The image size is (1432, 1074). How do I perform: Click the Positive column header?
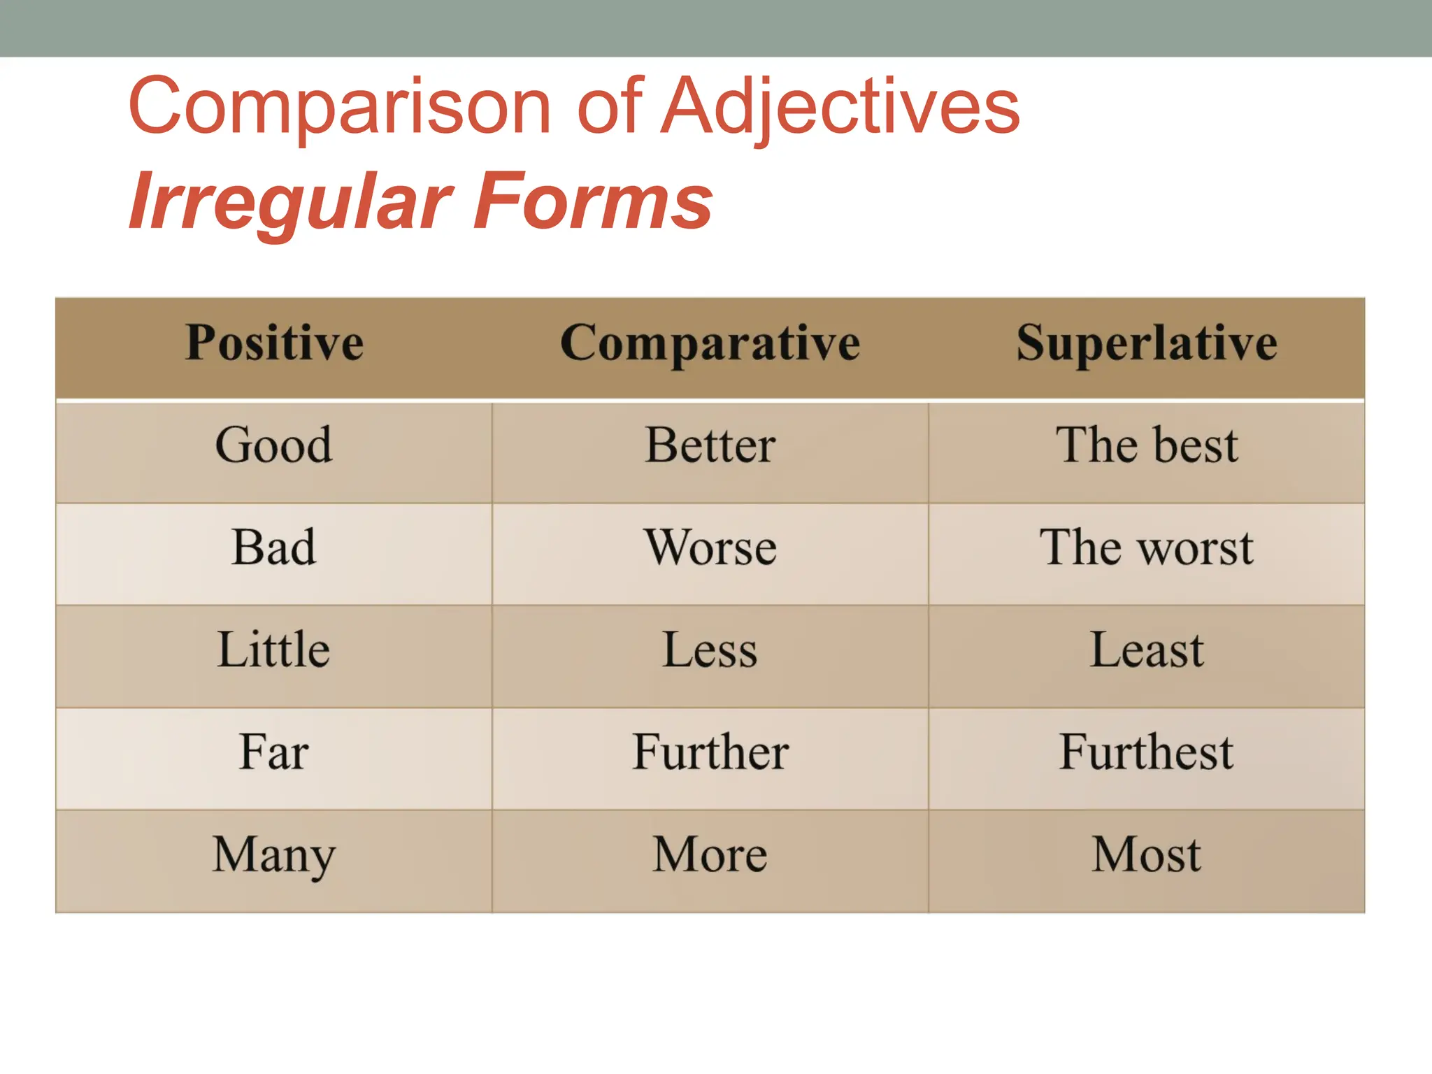click(274, 343)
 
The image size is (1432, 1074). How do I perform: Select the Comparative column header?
click(710, 343)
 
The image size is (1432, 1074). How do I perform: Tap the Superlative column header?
click(1147, 343)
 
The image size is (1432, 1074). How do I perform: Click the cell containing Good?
click(274, 445)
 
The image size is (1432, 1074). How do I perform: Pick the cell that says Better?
click(710, 445)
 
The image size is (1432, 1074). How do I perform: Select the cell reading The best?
click(1147, 445)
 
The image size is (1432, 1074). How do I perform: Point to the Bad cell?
click(274, 547)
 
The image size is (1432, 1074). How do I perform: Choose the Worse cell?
click(710, 547)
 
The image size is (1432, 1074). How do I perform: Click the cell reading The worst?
click(1147, 547)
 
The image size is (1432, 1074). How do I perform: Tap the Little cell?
click(274, 650)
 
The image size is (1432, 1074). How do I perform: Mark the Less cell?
click(710, 650)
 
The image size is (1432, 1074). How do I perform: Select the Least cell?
click(1147, 650)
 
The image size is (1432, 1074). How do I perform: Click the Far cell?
click(274, 752)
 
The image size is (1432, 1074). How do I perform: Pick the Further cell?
click(710, 752)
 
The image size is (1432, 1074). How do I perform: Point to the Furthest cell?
click(1147, 752)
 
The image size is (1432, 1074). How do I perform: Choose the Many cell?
click(274, 854)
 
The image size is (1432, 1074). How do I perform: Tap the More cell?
click(710, 854)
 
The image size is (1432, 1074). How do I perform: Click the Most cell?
click(1147, 854)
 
